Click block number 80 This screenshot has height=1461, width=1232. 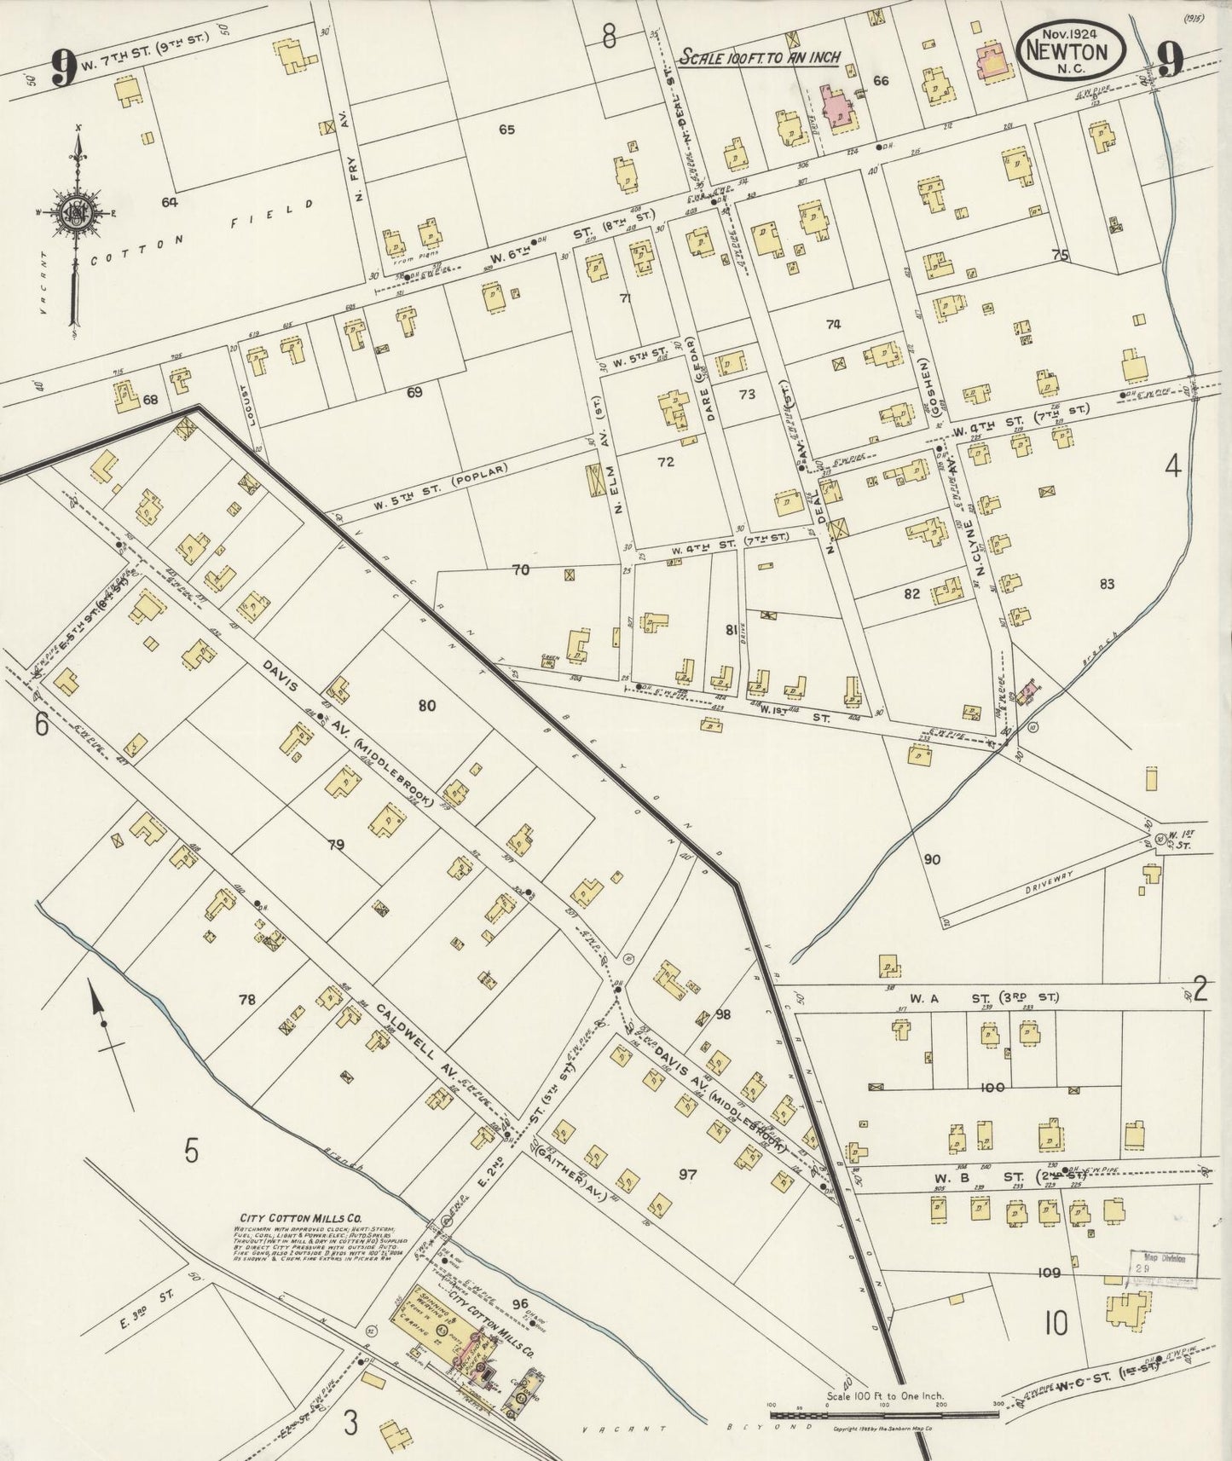[x=427, y=705]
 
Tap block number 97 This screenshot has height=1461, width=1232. [x=687, y=1174]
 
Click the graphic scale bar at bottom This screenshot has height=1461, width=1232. [x=883, y=1413]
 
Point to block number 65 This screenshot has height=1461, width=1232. [x=507, y=130]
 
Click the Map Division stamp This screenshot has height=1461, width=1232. [x=1164, y=1268]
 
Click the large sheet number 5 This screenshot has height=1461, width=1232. [x=191, y=1151]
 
